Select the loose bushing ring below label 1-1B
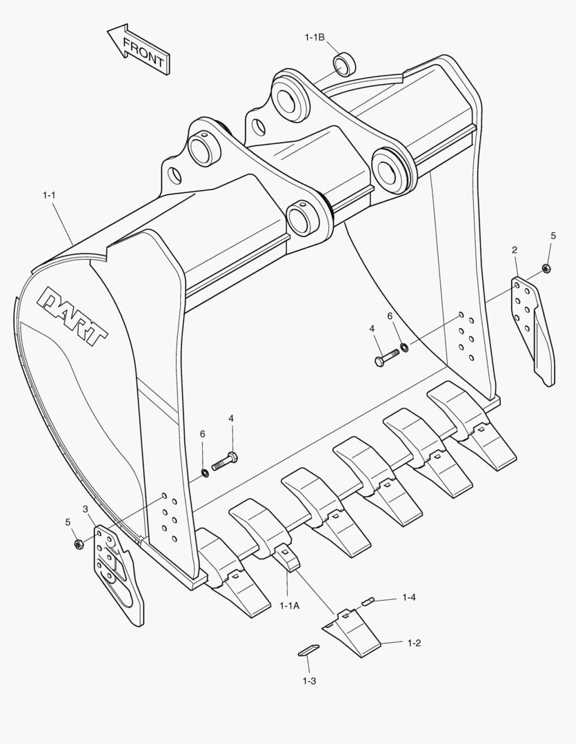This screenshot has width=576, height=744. click(344, 63)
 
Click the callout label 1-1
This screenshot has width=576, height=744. click(48, 195)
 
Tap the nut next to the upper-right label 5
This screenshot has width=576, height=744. click(546, 268)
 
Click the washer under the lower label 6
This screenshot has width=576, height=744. click(205, 473)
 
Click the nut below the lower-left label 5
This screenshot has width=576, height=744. click(78, 544)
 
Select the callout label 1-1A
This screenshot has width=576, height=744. click(290, 606)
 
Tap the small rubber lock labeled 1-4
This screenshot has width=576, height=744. click(368, 601)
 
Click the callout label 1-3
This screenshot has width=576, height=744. click(309, 681)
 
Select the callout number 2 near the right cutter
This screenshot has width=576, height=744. click(515, 250)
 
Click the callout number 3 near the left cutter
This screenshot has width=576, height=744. click(85, 509)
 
